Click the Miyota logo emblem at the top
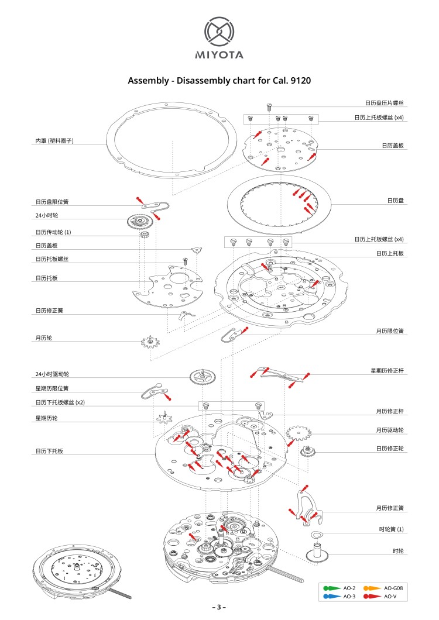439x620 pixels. point(219,32)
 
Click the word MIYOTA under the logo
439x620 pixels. point(219,56)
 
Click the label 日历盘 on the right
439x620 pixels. point(396,201)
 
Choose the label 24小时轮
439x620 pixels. point(46,216)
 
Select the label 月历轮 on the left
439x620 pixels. point(43,338)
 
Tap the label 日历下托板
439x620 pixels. point(49,451)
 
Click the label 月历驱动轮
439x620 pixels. point(390,430)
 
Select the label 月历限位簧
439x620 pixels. point(390,331)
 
